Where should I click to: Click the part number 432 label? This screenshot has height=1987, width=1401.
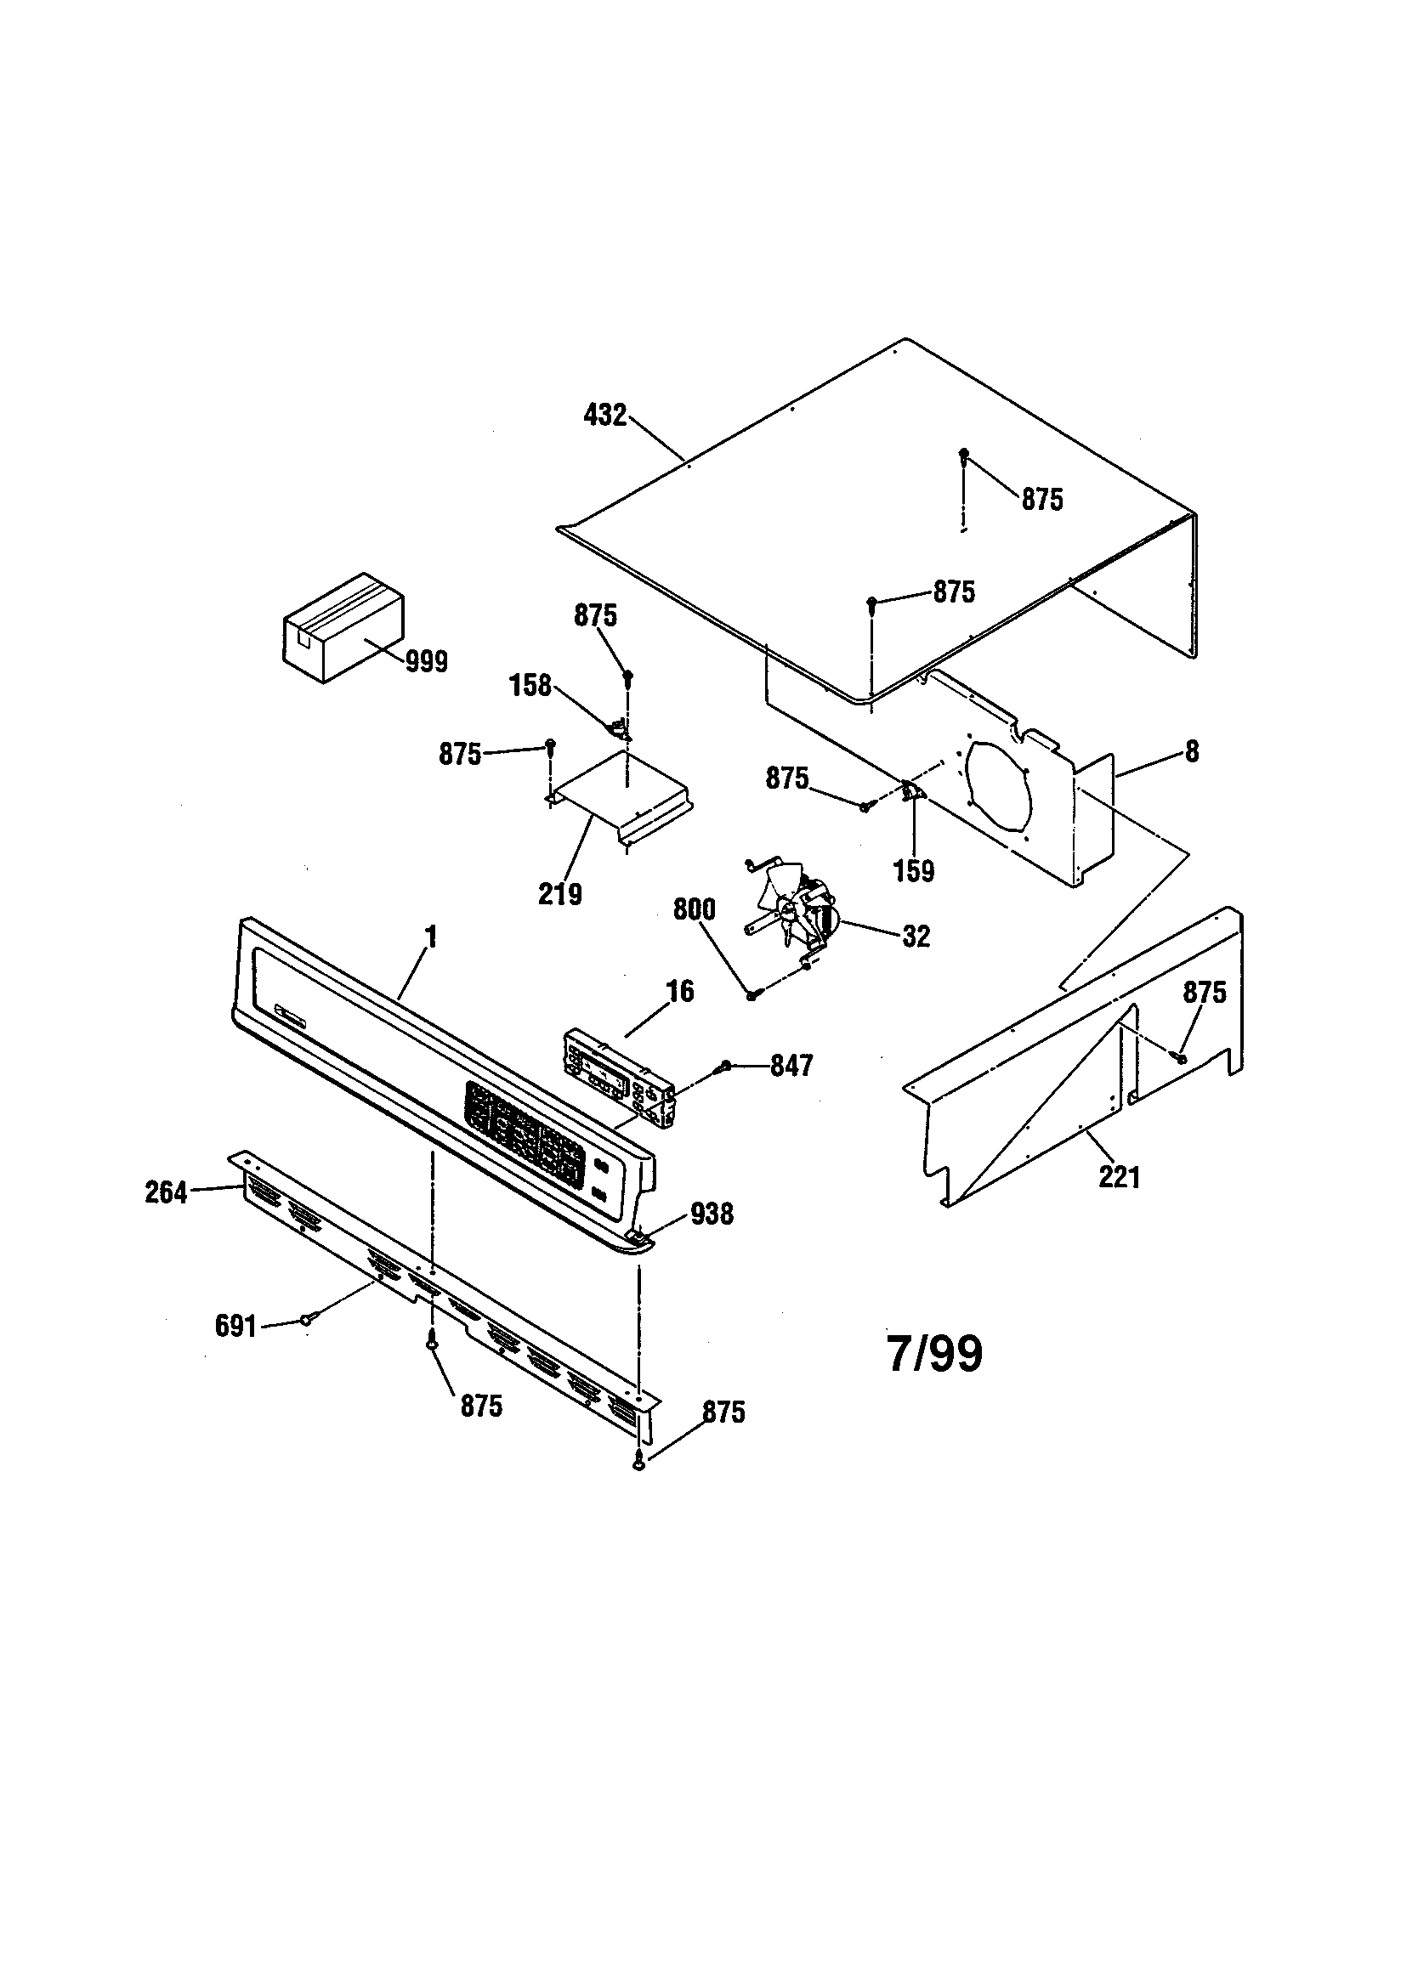pos(604,416)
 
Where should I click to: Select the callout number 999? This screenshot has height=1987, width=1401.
pos(427,662)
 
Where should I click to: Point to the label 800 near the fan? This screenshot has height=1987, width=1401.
pos(695,909)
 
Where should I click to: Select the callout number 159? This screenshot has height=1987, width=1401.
pos(914,870)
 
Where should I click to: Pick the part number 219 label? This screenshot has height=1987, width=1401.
pos(559,894)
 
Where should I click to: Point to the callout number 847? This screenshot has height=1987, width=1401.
pos(791,1066)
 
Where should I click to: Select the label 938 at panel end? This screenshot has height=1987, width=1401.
pos(712,1214)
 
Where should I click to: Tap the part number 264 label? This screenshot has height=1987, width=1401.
pos(167,1192)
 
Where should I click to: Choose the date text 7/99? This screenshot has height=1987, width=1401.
pos(935,1354)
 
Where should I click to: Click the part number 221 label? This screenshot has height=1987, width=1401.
pos(1119,1177)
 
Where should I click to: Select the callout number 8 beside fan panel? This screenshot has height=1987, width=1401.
pos(1193,752)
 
